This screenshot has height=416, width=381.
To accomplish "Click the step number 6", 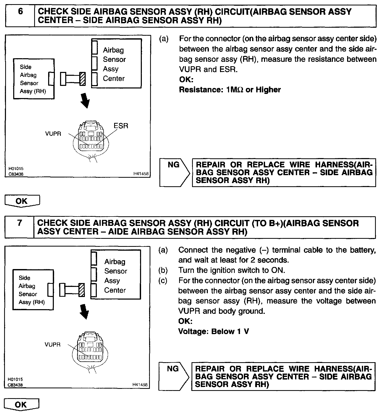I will coord(20,12).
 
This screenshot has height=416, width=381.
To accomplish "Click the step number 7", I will coord(20,223).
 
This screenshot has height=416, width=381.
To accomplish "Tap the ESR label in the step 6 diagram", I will coord(121,126).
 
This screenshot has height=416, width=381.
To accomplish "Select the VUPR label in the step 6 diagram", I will coord(53,134).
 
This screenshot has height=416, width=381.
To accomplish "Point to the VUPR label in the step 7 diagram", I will coord(53,345).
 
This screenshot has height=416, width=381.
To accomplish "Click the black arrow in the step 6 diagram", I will coord(85,101).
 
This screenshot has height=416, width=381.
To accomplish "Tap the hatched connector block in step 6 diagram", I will coord(83,79).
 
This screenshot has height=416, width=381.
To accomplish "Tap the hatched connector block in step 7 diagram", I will coord(82,290).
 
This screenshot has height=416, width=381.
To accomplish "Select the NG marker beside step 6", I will coord(174,165).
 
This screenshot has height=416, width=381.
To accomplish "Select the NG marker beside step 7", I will coord(173,368).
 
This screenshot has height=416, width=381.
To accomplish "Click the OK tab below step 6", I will coord(22,201).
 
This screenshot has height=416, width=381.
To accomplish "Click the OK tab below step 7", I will coord(21,405).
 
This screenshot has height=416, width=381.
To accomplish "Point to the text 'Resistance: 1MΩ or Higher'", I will coord(230,90).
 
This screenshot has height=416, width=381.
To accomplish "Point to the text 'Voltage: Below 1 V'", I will coord(214,331).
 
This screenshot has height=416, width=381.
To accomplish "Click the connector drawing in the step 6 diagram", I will coord(91,140).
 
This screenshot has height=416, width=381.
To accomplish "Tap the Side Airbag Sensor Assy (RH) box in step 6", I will coord(34,79).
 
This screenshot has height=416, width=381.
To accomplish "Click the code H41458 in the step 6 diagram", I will coord(141,174).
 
